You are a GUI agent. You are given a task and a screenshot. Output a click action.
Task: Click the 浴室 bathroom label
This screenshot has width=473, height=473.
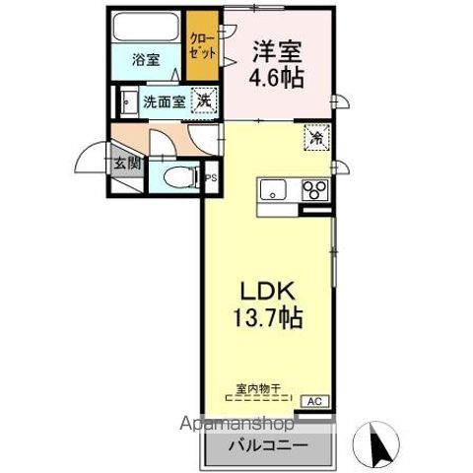pos(146,59)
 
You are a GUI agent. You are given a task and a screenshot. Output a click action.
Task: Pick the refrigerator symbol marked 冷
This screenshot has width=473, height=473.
pos(316,138)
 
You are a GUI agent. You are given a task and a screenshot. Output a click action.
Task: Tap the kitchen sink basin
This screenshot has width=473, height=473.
pos(273,188)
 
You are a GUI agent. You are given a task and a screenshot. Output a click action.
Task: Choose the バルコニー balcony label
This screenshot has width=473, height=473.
pos(266,444)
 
